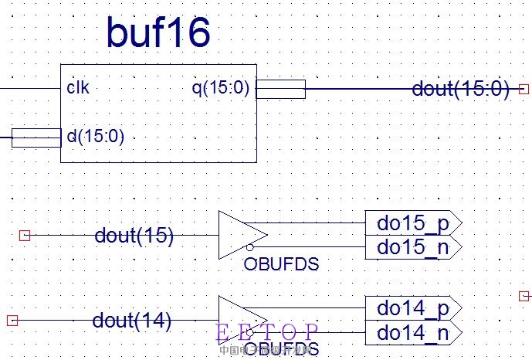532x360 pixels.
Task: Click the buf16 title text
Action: click(x=158, y=34)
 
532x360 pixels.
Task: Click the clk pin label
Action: click(x=77, y=88)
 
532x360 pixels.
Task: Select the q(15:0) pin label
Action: click(x=221, y=88)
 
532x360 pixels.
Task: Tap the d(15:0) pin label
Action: click(x=96, y=138)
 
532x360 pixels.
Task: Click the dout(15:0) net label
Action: click(x=460, y=89)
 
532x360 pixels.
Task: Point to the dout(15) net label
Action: click(x=134, y=235)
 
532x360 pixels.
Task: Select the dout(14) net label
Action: click(x=131, y=319)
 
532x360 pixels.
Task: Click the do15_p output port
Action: click(x=412, y=223)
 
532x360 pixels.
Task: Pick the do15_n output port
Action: click(x=412, y=247)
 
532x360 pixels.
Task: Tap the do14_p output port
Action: click(x=412, y=308)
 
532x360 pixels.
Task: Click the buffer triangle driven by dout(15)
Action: click(x=240, y=235)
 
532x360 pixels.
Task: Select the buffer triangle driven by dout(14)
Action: click(x=240, y=319)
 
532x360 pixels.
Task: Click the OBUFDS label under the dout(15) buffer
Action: click(x=281, y=264)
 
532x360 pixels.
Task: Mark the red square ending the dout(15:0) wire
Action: click(x=524, y=89)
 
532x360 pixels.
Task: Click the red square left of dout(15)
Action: click(x=24, y=235)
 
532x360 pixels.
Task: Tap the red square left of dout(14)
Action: click(x=12, y=319)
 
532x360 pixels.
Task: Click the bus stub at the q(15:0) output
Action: click(x=280, y=89)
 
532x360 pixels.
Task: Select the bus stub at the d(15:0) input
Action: click(x=36, y=138)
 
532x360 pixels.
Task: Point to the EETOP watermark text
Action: click(x=266, y=332)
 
